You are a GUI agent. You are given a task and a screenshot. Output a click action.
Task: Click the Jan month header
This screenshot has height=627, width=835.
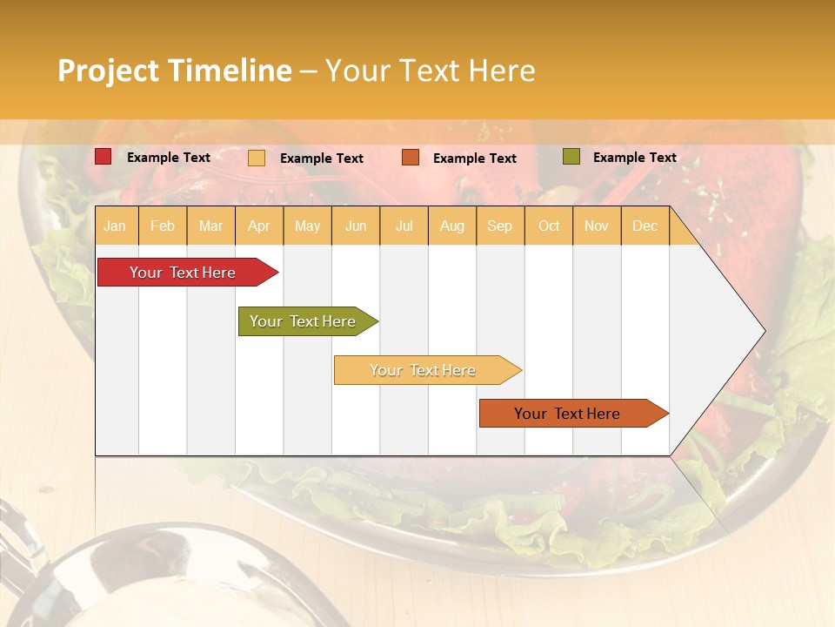115,226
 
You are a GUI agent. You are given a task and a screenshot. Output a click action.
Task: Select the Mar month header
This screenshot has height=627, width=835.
210,226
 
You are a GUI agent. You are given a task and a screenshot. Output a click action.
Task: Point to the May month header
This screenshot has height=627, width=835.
307,226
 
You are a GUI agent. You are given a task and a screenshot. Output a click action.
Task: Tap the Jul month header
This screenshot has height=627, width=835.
404,226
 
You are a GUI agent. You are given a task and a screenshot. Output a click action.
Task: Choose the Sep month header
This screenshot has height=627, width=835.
499,226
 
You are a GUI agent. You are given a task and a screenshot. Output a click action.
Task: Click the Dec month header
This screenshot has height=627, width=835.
645,226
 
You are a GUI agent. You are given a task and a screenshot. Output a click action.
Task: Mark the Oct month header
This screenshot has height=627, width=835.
549,226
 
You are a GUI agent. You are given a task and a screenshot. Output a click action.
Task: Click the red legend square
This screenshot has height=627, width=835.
104,157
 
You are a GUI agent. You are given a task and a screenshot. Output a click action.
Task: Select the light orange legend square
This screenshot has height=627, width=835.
257,158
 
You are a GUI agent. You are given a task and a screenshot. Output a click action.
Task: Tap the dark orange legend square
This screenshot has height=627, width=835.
411,158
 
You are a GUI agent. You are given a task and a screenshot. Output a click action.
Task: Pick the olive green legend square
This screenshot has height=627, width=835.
571,157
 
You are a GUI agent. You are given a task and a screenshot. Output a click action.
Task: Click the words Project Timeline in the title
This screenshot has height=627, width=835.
174,71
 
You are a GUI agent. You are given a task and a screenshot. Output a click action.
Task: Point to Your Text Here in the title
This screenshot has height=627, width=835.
430,71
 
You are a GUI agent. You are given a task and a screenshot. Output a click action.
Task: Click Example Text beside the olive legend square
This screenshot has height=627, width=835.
634,158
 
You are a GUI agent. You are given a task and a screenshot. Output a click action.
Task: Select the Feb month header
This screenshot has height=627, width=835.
163,226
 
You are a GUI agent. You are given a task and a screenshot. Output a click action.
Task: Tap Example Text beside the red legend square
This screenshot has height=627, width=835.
168,158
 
